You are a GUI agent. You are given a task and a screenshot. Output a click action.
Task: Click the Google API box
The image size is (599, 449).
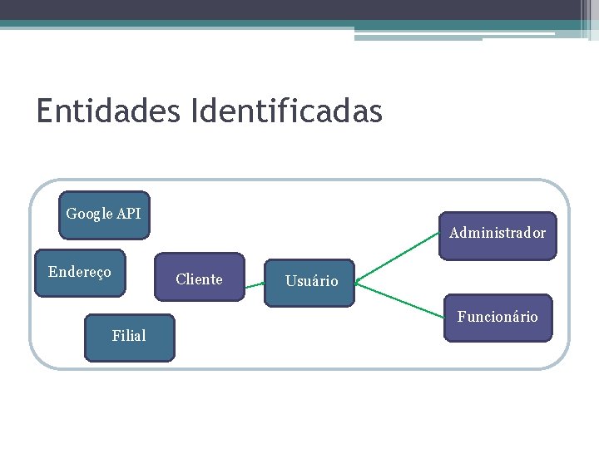tap(103, 215)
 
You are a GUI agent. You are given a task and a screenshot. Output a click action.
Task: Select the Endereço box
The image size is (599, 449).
tap(80, 273)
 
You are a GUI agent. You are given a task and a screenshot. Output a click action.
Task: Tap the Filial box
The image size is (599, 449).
tap(129, 337)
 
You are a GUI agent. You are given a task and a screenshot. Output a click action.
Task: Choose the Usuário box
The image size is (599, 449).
tap(309, 282)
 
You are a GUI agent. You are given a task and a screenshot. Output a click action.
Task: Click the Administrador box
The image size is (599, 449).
tap(498, 235)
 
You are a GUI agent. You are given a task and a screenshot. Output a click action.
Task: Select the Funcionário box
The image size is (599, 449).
tap(498, 318)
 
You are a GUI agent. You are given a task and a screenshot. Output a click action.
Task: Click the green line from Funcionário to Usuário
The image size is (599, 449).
tap(399, 301)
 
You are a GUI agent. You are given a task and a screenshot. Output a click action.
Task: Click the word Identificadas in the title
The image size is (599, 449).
tap(286, 111)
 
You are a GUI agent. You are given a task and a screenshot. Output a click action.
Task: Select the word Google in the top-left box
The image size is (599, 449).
tap(89, 214)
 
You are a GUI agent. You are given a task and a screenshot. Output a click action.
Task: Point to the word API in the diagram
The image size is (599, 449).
tap(129, 214)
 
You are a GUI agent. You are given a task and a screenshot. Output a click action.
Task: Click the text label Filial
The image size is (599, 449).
tap(129, 336)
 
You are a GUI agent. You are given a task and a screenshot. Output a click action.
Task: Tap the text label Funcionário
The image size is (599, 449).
tap(498, 317)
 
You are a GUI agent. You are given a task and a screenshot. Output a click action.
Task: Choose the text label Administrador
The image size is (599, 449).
tap(498, 233)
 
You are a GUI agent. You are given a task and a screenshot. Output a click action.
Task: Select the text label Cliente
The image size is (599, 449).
tap(200, 279)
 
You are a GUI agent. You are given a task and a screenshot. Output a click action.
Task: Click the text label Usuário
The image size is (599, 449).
tap(312, 282)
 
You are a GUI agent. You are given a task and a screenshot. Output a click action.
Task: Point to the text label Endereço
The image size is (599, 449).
tap(80, 272)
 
